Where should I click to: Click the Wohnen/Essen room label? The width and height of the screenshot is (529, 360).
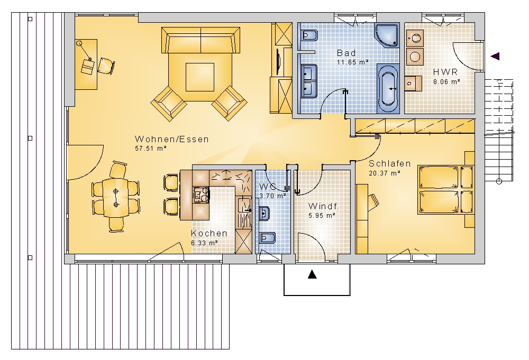click(x=172, y=139)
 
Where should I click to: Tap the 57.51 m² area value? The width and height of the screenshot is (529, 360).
click(x=151, y=148)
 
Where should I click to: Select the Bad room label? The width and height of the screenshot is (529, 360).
click(x=346, y=53)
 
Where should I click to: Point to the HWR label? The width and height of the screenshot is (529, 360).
click(x=445, y=72)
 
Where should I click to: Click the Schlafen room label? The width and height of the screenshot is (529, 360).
click(x=390, y=163)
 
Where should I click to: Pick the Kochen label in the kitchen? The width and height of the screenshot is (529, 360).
click(x=209, y=233)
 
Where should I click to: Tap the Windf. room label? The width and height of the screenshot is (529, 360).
click(x=323, y=206)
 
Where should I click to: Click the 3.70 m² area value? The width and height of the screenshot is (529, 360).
click(x=272, y=196)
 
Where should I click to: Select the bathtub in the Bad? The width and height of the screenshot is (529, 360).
click(x=388, y=89)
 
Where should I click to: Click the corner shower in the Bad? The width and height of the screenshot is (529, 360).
click(x=387, y=34)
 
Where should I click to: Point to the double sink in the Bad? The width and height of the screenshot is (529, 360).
click(x=309, y=80)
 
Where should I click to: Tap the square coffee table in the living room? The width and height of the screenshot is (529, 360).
click(x=200, y=77)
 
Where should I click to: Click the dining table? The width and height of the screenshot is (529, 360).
click(x=116, y=198)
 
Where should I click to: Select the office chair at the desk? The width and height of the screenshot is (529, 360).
click(x=106, y=66)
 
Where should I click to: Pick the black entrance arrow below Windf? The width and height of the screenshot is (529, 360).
click(x=313, y=275)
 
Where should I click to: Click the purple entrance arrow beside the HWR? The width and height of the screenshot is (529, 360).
click(x=495, y=56)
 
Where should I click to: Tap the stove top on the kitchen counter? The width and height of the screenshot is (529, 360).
click(x=201, y=195)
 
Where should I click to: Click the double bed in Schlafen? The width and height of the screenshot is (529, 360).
click(x=445, y=189)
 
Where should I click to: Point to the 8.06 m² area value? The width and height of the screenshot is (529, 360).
click(x=446, y=81)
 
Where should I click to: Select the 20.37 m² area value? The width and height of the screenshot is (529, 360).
click(x=384, y=173)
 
